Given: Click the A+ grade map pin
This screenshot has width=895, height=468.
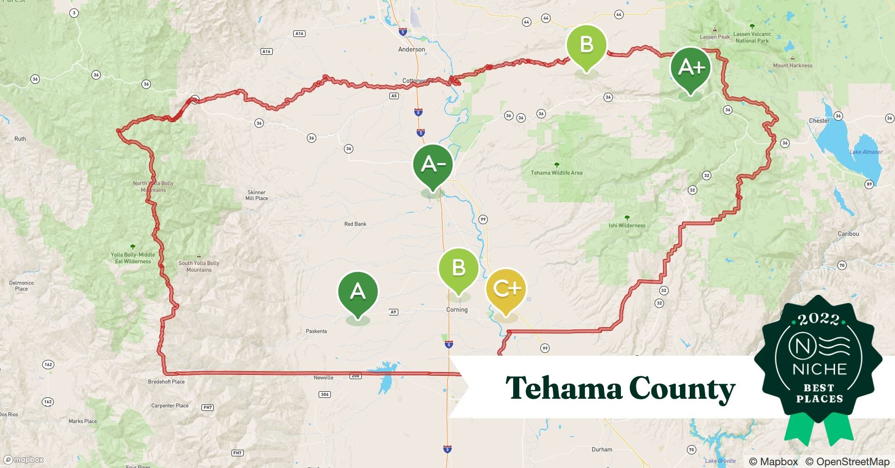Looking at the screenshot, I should point(691,68).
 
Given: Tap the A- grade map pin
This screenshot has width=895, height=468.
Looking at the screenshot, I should point(433,165).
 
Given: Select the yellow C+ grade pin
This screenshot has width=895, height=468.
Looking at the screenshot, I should point(506,289).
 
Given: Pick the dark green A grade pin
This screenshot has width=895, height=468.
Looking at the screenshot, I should point(358,292).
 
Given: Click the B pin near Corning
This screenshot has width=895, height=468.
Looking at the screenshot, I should point(458,269).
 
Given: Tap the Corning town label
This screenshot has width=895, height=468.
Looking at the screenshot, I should point(457,310).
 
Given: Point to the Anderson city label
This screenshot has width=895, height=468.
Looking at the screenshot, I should point(411,49).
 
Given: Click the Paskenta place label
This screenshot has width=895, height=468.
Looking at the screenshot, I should point(316,331).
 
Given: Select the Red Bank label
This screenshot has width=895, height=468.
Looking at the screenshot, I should point(355,224).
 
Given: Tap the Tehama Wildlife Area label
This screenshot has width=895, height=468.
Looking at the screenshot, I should point(557,173).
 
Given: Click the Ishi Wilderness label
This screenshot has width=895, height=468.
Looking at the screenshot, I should point(627,226).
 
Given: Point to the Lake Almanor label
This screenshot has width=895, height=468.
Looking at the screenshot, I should point(866,152).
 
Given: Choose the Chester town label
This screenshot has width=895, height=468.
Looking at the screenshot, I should point(819,121).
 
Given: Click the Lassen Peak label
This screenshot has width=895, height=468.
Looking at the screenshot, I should point(715,37).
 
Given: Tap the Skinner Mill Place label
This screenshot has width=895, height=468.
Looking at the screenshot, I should point(257,195).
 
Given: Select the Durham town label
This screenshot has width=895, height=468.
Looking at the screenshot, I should point(602,450).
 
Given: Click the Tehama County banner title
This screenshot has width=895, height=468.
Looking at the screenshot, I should point(620,388).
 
